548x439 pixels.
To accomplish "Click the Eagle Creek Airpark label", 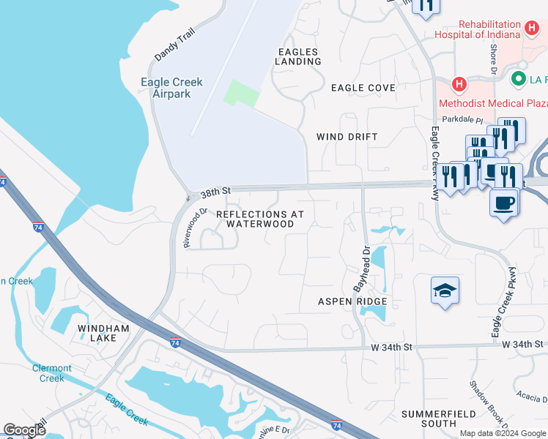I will (166, 88).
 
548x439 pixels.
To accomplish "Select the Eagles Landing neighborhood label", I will (298, 56).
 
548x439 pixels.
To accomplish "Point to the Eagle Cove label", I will (363, 88).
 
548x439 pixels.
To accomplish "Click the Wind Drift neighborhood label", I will (347, 137).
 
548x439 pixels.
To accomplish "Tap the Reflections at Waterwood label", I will (260, 219).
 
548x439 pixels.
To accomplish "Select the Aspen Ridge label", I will (352, 301).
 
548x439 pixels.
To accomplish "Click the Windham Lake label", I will (103, 334).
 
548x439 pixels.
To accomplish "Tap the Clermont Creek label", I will (52, 373).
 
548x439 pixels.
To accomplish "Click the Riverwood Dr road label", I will (193, 227).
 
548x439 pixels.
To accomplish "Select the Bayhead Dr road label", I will (360, 269).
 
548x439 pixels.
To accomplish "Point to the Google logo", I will (24, 430).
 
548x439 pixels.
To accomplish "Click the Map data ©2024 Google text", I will (502, 433).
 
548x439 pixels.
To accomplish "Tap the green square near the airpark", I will (242, 94).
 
